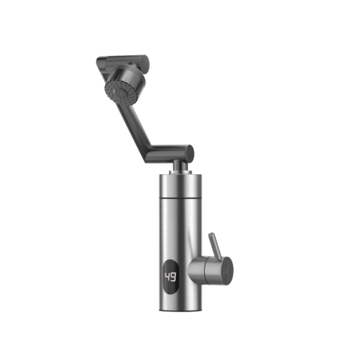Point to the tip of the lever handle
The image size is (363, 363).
[211, 234]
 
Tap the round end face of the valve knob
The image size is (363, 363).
[228, 270]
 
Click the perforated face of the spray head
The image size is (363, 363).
[118, 94]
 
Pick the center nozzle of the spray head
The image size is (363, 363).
[119, 92]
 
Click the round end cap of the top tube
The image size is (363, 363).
[144, 64]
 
